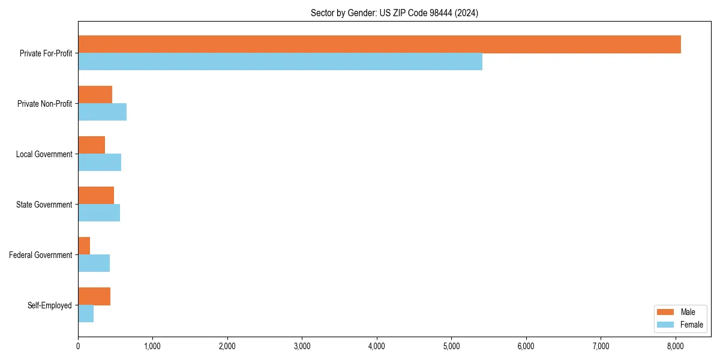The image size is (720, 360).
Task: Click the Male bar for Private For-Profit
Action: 379,44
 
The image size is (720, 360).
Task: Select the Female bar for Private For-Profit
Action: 280,62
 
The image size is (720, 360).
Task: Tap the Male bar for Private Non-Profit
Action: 95,95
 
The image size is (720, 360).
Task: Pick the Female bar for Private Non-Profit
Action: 102,112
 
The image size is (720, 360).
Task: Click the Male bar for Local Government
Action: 91,145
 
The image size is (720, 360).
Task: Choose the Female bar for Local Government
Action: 100,163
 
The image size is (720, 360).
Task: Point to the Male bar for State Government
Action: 96,196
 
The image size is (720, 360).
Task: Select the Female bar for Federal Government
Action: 94,263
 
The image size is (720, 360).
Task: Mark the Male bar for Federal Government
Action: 84,246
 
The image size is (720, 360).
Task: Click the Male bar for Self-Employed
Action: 94,296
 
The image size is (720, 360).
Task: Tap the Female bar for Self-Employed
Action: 86,314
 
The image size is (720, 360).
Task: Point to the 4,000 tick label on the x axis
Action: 377,346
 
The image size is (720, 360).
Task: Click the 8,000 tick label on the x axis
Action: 675,346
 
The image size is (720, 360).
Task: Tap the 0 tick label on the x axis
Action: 78,346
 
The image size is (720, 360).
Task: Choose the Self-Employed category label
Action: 50,305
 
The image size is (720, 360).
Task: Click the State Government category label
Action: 44,205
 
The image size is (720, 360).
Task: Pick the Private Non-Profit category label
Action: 44,104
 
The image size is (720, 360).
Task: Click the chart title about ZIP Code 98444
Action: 394,13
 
